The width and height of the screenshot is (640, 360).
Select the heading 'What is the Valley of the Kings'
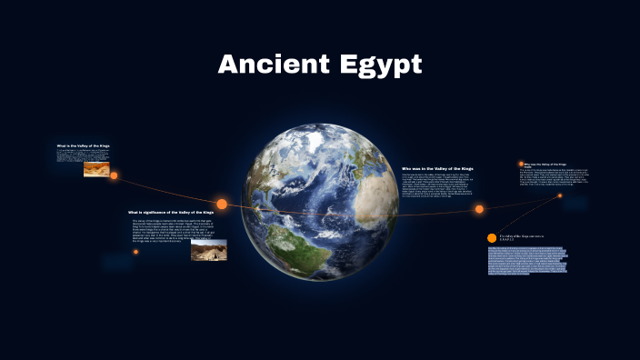(83, 145)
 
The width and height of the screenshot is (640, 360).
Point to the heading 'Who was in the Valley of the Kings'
(437, 169)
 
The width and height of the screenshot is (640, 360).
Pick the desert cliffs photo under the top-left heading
(96, 168)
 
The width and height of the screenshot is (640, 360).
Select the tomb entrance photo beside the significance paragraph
(208, 249)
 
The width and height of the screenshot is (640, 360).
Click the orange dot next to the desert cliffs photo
(115, 175)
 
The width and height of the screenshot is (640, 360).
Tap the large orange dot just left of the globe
(222, 204)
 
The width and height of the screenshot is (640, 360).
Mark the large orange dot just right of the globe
(479, 209)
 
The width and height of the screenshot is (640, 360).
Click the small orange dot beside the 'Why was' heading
(521, 164)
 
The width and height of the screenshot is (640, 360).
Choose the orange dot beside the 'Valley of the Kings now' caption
(492, 237)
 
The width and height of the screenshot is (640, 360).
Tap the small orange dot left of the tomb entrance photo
(135, 252)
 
